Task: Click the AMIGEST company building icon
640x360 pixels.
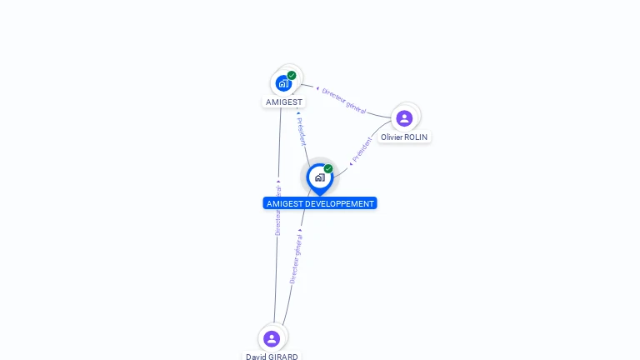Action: [284, 83]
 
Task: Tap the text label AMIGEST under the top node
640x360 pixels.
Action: [284, 102]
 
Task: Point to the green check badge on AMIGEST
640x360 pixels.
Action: [292, 76]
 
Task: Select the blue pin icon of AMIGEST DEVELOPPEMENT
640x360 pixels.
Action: [319, 177]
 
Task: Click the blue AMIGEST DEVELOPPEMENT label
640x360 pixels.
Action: [320, 203]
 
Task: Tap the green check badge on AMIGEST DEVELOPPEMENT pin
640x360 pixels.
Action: [328, 169]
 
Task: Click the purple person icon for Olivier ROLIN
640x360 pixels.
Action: [404, 118]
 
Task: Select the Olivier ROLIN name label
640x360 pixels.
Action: [405, 137]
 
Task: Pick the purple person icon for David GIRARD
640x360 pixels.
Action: [271, 338]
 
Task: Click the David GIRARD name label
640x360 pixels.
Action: [272, 357]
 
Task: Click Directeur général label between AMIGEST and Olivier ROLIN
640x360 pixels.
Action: [344, 100]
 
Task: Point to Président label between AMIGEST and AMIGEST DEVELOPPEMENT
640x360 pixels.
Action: [302, 131]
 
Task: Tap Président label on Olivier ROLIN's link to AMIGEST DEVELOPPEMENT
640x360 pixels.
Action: [362, 149]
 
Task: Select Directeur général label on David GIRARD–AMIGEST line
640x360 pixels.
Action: [278, 208]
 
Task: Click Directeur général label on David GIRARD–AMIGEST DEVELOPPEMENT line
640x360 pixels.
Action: [296, 258]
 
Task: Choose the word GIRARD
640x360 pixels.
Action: [282, 357]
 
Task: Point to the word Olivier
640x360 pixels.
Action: [392, 137]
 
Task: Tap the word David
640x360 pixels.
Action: [256, 357]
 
